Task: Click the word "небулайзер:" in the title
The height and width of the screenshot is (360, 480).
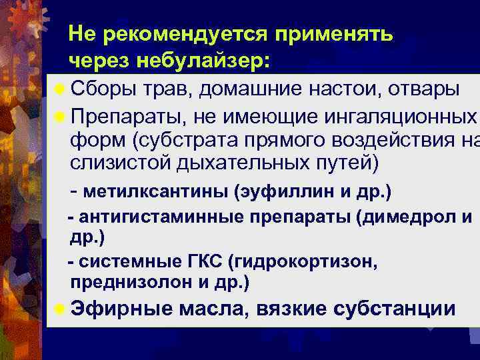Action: click(203, 61)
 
